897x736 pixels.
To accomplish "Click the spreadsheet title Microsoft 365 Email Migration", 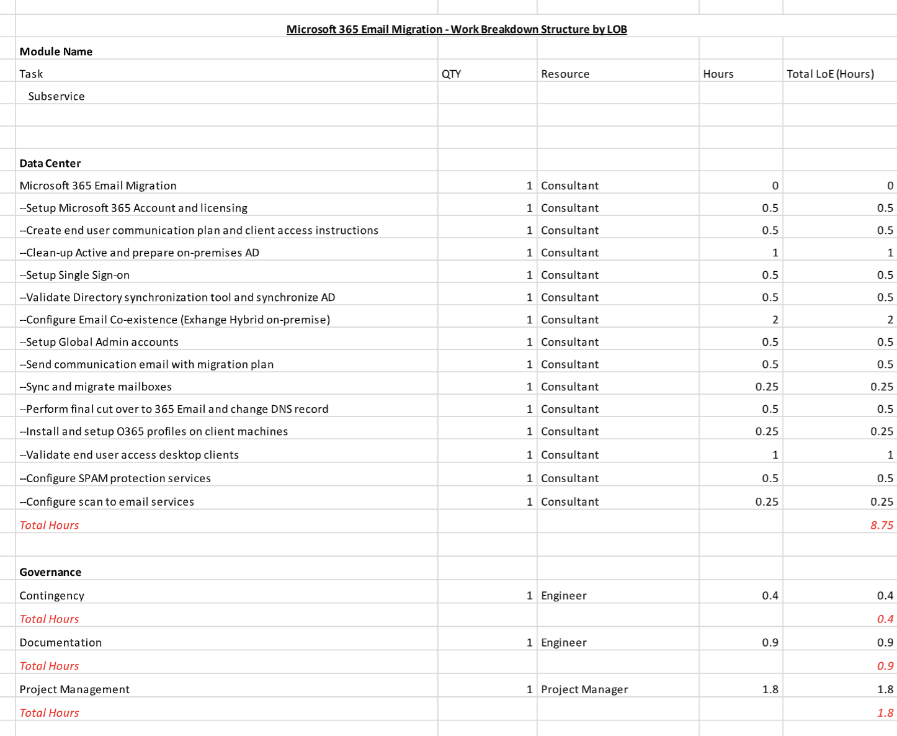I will point(457,29).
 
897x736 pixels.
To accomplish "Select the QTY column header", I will point(451,74).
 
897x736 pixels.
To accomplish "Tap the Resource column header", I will point(565,74).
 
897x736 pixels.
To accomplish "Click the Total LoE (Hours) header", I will point(830,74).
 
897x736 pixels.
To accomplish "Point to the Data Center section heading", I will point(50,163).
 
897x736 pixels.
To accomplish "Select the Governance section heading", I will point(50,572).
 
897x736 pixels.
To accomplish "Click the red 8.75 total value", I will point(881,525).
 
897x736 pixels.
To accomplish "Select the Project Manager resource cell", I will point(584,689).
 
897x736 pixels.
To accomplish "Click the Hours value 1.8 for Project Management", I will point(770,689).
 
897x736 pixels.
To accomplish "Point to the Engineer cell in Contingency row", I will point(563,596).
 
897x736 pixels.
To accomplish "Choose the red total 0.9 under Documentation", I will point(885,666).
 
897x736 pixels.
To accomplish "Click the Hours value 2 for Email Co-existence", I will point(775,320).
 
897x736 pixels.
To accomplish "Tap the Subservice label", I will point(56,96).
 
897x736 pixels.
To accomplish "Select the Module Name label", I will point(56,52).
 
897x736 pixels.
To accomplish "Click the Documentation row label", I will point(61,642).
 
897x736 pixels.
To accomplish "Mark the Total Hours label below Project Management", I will point(49,713).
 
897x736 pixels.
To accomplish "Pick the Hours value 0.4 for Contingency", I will point(770,596).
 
